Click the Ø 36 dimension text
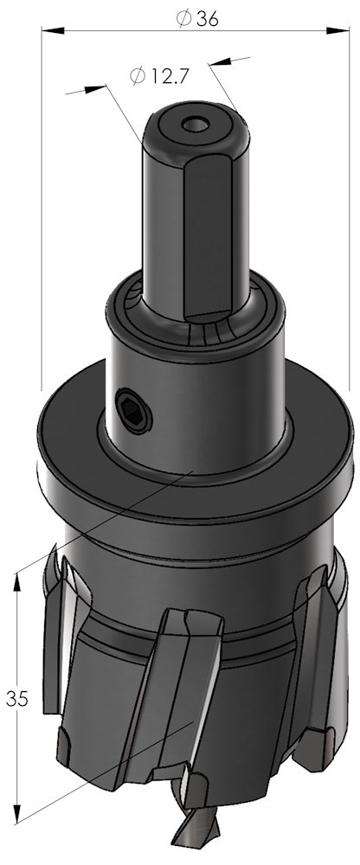point(197,19)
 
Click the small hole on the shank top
point(196,125)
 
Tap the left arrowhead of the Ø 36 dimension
point(53,30)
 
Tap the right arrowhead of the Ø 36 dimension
point(337,30)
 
